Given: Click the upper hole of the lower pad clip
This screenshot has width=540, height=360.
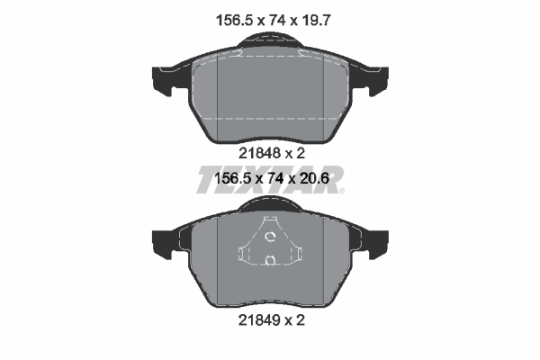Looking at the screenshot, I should click(x=270, y=237).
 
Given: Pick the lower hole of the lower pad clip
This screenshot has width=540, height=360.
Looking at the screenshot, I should click(x=270, y=261).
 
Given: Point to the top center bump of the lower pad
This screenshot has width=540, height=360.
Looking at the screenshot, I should click(x=270, y=207).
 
